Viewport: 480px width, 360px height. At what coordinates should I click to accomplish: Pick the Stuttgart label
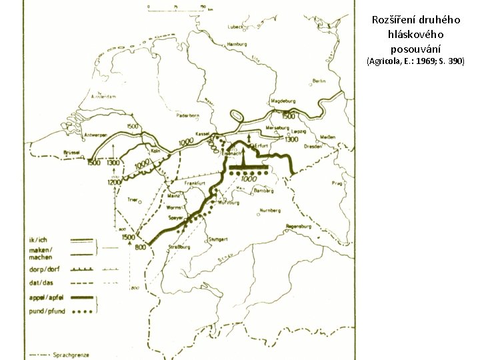coord(217,238)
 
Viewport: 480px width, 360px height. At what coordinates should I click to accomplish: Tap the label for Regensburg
coord(298,226)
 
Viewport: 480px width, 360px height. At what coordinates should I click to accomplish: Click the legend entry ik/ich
coord(37,240)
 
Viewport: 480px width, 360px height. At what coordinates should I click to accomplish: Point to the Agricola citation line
coord(415,61)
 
